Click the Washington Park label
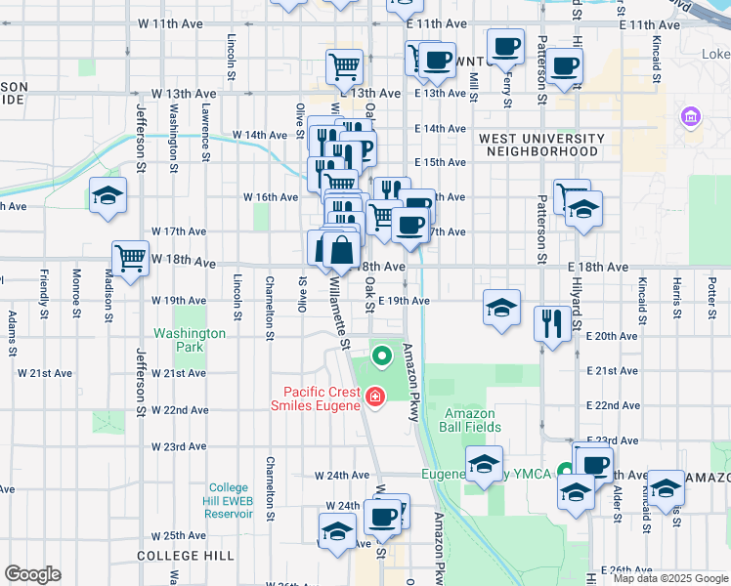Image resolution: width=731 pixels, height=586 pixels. (x=190, y=340)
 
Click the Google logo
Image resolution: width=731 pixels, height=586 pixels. (x=32, y=573)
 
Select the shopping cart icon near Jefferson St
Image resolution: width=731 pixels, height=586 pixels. (x=130, y=258)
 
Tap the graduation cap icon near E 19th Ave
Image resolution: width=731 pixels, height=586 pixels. (x=500, y=309)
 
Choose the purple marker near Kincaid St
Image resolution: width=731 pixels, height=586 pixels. (x=691, y=117)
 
